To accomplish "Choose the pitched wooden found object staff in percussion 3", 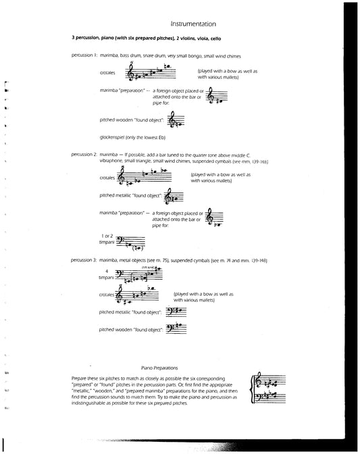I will pos(176,329).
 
